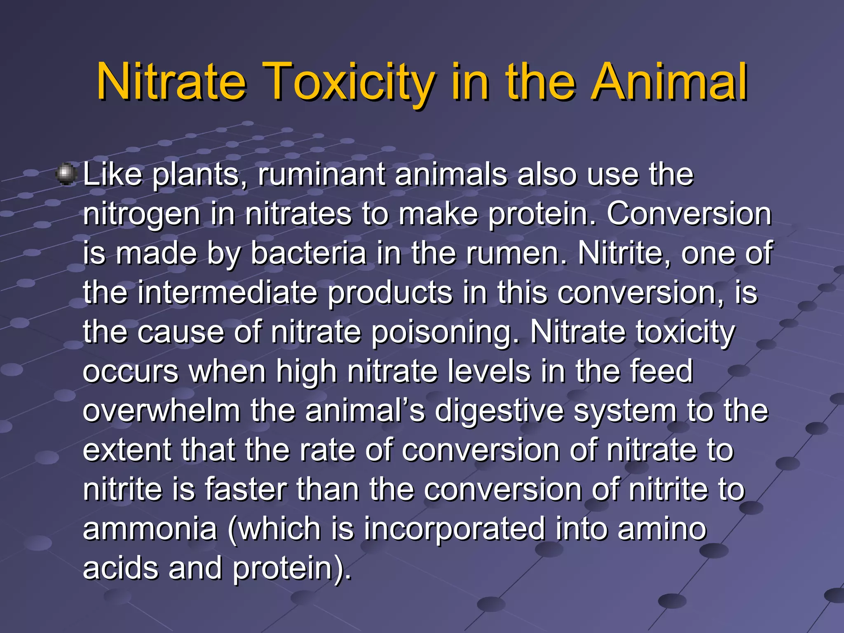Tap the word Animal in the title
(668, 82)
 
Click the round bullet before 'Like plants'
(66, 174)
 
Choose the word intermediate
(227, 293)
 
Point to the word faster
(246, 490)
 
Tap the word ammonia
(150, 529)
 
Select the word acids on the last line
(121, 568)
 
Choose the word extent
(127, 450)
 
